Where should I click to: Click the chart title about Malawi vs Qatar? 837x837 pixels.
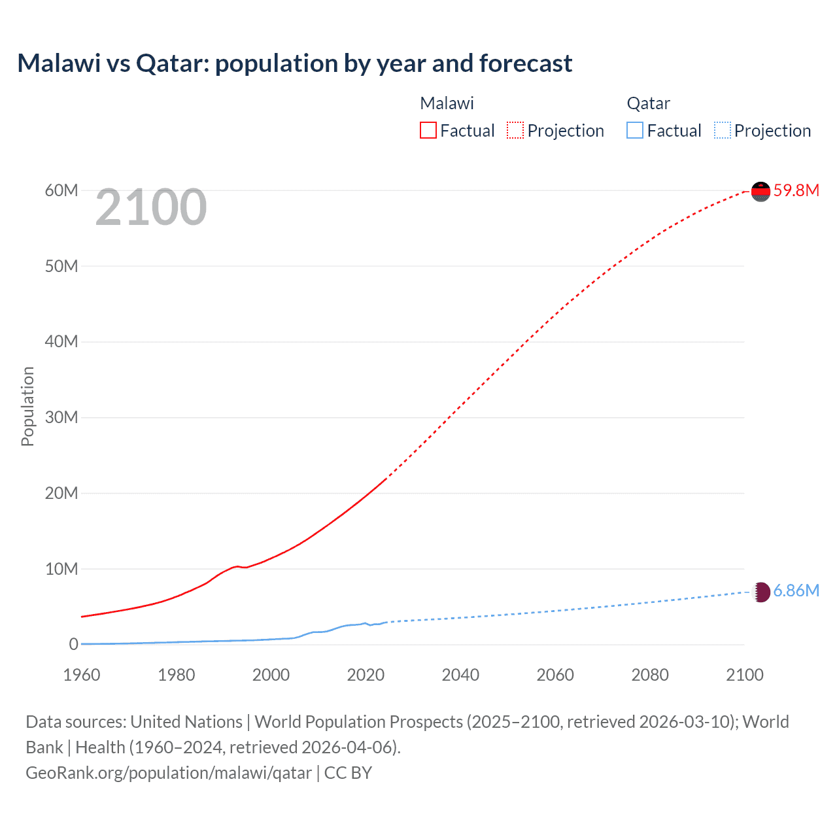pyautogui.click(x=294, y=63)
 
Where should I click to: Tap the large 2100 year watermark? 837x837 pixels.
pyautogui.click(x=151, y=207)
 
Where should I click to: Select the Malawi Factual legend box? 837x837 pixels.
pyautogui.click(x=428, y=131)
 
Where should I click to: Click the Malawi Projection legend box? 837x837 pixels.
pyautogui.click(x=515, y=131)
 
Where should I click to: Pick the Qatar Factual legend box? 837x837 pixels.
pyautogui.click(x=635, y=131)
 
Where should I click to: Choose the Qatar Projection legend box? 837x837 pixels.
pyautogui.click(x=722, y=131)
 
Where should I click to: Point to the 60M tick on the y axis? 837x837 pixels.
pyautogui.click(x=61, y=190)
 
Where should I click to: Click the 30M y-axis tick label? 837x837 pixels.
pyautogui.click(x=61, y=417)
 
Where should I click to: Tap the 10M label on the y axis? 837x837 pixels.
pyautogui.click(x=61, y=569)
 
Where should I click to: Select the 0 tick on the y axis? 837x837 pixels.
pyautogui.click(x=73, y=644)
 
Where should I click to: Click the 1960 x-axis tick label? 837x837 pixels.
pyautogui.click(x=82, y=675)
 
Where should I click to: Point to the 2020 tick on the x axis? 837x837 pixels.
pyautogui.click(x=366, y=675)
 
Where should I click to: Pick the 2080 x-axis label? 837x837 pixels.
pyautogui.click(x=650, y=675)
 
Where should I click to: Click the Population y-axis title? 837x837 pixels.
pyautogui.click(x=27, y=406)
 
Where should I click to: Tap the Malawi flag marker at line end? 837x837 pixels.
pyautogui.click(x=760, y=191)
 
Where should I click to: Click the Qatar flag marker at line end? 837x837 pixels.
pyautogui.click(x=760, y=592)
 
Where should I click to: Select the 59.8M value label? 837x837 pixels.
pyautogui.click(x=796, y=190)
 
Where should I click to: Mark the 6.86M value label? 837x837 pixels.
pyautogui.click(x=796, y=590)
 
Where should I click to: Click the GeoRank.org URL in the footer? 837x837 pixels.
pyautogui.click(x=169, y=773)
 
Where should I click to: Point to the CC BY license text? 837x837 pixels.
pyautogui.click(x=348, y=773)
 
